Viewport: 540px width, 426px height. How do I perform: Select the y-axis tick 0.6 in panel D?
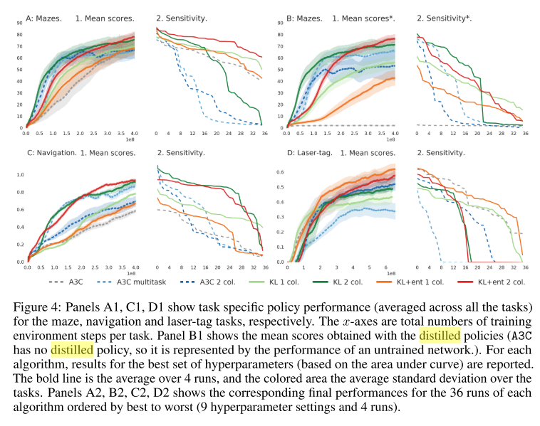(x=280, y=171)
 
